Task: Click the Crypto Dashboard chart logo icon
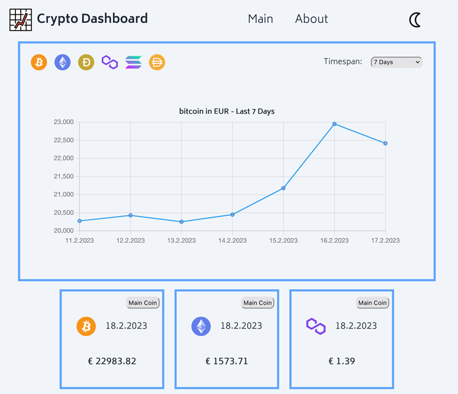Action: (21, 19)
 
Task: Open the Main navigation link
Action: (260, 19)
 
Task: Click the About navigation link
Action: (311, 19)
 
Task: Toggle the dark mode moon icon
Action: (416, 20)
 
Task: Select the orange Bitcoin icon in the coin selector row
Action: (39, 62)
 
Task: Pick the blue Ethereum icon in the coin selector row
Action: (62, 62)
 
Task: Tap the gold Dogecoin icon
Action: (86, 62)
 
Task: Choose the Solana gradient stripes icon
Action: (133, 62)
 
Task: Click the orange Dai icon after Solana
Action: (157, 62)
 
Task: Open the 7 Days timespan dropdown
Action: (396, 62)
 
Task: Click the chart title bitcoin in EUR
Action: (227, 111)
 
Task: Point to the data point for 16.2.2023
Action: (334, 124)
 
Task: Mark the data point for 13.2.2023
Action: (181, 222)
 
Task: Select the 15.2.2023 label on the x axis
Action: (283, 241)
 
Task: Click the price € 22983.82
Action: (112, 361)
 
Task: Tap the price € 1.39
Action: (342, 361)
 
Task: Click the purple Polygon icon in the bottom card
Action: (316, 326)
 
